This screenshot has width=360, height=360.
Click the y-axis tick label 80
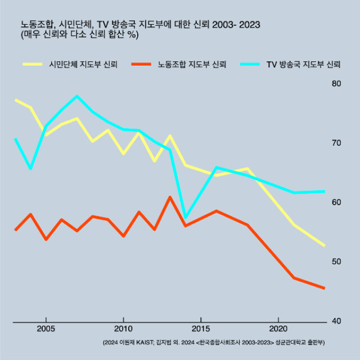[337, 83]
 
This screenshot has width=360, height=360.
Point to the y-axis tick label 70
[337, 143]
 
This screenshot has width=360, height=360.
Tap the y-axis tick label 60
[337, 202]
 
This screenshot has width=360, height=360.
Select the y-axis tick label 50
[337, 262]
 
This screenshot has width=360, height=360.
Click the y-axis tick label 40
[337, 321]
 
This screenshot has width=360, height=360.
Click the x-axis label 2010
[123, 328]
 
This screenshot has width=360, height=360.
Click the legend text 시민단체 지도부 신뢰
[83, 64]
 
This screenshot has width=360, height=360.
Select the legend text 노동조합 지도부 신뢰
[192, 64]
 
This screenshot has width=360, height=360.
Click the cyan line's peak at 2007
[76, 96]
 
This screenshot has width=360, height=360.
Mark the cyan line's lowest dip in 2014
[186, 218]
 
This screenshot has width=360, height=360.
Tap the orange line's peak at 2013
[170, 197]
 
